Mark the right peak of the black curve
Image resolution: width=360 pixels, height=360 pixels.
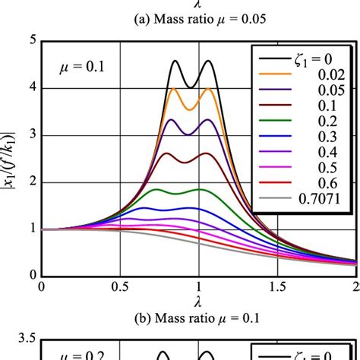(x=207, y=62)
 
